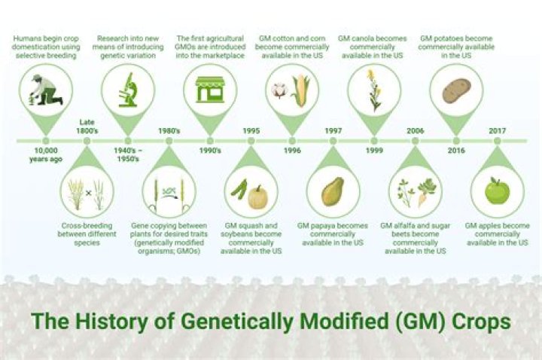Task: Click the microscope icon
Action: click(x=128, y=89)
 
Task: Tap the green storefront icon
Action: click(x=211, y=90)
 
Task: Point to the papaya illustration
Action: click(x=332, y=191)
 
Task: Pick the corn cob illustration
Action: click(x=300, y=91)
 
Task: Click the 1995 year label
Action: click(x=251, y=130)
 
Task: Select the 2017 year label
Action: click(x=497, y=130)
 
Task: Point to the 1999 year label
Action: click(x=375, y=151)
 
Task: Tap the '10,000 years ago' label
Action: click(x=46, y=154)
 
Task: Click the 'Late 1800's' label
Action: click(x=88, y=126)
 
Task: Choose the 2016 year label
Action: click(x=456, y=151)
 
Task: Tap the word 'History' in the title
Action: click(x=114, y=322)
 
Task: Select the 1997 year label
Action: click(x=333, y=130)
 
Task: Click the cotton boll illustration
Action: click(x=279, y=90)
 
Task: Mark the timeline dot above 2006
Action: click(x=416, y=141)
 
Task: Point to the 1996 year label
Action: click(x=293, y=151)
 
